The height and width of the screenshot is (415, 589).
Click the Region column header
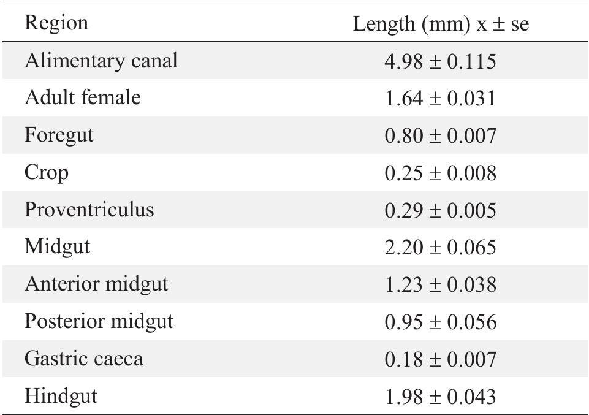[x=56, y=23]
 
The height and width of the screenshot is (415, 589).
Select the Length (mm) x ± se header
[x=441, y=24]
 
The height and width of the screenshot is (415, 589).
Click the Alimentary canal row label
[x=101, y=61]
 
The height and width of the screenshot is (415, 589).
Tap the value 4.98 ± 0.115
[x=440, y=61]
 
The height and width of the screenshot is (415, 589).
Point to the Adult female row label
[x=83, y=98]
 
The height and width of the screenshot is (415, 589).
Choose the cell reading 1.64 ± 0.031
[x=440, y=99]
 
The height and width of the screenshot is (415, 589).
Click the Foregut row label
[x=59, y=135]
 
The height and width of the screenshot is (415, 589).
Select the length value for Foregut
[x=440, y=136]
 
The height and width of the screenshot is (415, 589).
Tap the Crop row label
[x=47, y=173]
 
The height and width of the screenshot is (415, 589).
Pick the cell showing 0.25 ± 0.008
[x=440, y=173]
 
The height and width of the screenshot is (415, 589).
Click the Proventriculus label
[x=89, y=210]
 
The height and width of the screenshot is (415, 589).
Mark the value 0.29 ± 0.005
[x=440, y=210]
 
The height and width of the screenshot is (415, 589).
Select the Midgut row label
[x=57, y=247]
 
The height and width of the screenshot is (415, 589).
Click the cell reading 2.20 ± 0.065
[x=440, y=248]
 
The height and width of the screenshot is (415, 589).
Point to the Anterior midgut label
[x=96, y=284]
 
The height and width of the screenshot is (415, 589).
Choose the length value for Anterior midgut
[x=440, y=285]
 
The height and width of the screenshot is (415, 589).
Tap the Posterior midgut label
[x=99, y=322]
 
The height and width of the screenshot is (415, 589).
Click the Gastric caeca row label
[x=84, y=359]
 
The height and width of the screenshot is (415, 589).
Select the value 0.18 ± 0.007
[x=440, y=359]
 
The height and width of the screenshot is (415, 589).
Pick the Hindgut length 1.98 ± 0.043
[x=440, y=397]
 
